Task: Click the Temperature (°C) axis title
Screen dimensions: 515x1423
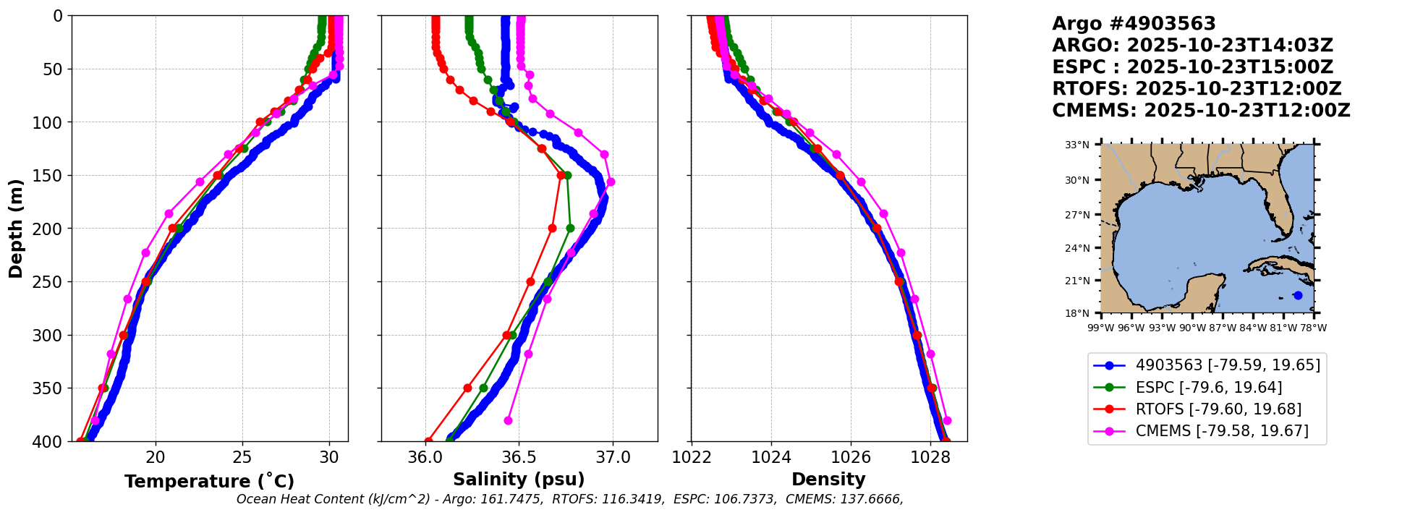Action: (x=209, y=481)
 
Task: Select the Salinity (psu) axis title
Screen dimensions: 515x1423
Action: (x=519, y=480)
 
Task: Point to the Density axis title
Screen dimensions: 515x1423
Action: (x=828, y=480)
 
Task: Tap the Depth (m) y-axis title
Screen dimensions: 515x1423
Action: (x=15, y=228)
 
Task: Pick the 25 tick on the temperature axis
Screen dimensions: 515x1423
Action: (x=242, y=457)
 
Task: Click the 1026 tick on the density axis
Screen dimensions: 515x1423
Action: (x=851, y=457)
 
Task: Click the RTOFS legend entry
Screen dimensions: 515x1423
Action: (x=1218, y=409)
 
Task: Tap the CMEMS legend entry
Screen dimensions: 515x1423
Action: (x=1221, y=431)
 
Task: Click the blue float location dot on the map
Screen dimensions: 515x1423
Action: (x=1298, y=295)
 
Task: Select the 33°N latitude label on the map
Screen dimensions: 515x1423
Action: (x=1076, y=145)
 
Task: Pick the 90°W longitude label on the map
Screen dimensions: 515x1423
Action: (x=1193, y=328)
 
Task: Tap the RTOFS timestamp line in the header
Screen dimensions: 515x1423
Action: (x=1197, y=89)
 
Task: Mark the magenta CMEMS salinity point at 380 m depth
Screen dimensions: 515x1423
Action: (x=508, y=420)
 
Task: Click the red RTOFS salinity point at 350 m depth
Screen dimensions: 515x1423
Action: (x=467, y=388)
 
